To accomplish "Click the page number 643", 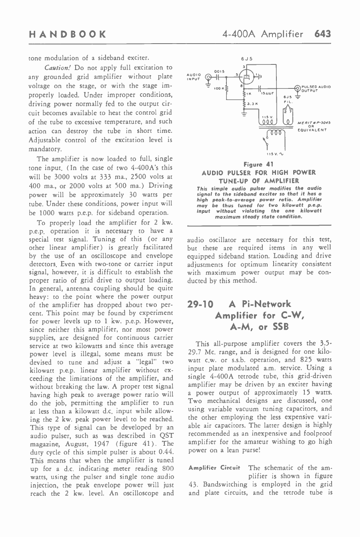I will [x=323, y=34].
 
